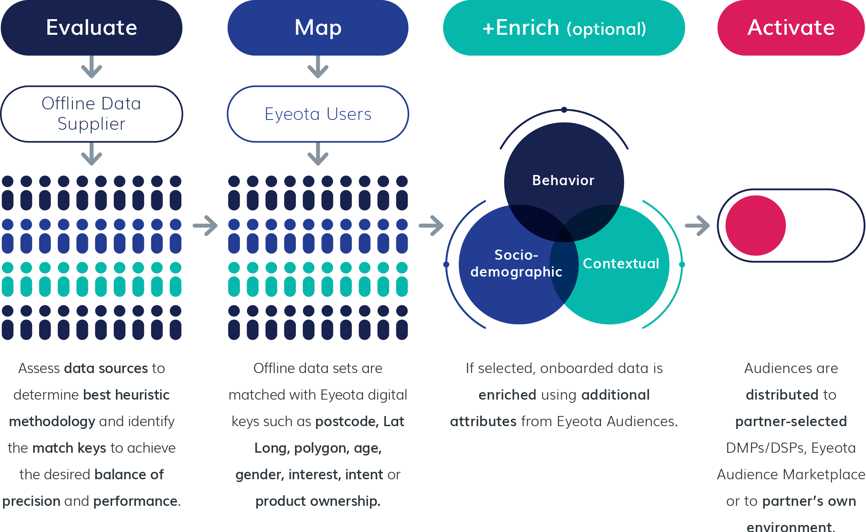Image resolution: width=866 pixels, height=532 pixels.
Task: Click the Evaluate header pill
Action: pyautogui.click(x=91, y=28)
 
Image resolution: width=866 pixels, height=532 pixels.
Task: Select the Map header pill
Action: pyautogui.click(x=318, y=28)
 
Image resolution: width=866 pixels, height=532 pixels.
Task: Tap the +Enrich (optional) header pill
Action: pyautogui.click(x=564, y=28)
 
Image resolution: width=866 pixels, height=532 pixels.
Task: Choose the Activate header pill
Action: pyautogui.click(x=791, y=28)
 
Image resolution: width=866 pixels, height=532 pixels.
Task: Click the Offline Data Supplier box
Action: pyautogui.click(x=91, y=114)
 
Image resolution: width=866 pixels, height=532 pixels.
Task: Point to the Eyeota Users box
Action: pyautogui.click(x=318, y=114)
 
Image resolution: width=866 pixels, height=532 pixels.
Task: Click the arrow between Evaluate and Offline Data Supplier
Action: pyautogui.click(x=91, y=67)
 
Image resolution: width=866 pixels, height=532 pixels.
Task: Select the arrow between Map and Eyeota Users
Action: pyautogui.click(x=318, y=67)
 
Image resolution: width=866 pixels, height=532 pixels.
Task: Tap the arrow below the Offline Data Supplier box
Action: pyautogui.click(x=91, y=154)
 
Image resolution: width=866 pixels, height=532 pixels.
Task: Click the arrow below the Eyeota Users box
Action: pyautogui.click(x=318, y=154)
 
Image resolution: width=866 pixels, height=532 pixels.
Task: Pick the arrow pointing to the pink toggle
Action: pyautogui.click(x=698, y=225)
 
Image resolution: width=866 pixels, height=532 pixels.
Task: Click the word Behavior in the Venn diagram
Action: pyautogui.click(x=563, y=180)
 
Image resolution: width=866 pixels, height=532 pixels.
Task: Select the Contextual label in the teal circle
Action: pyautogui.click(x=621, y=264)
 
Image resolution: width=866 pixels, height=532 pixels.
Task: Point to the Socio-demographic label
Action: pyautogui.click(x=516, y=263)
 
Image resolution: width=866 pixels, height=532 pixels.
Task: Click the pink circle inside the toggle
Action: pyautogui.click(x=755, y=225)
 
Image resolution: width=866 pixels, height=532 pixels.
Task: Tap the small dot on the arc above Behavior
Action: pyautogui.click(x=564, y=110)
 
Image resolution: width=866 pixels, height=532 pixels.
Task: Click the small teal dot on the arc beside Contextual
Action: pyautogui.click(x=682, y=264)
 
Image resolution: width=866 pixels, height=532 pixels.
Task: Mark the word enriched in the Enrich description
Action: pyautogui.click(x=507, y=395)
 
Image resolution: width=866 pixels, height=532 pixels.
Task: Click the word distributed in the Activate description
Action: pyautogui.click(x=782, y=395)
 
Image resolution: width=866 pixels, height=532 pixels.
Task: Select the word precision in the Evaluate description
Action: pyautogui.click(x=31, y=501)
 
